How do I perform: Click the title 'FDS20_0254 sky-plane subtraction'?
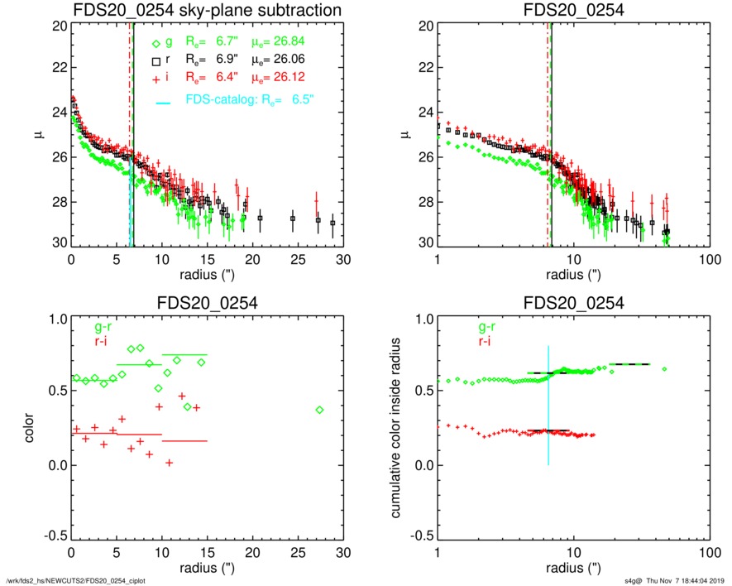coord(207,11)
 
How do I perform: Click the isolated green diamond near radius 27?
coord(320,410)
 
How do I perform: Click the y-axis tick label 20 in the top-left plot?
coord(58,26)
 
